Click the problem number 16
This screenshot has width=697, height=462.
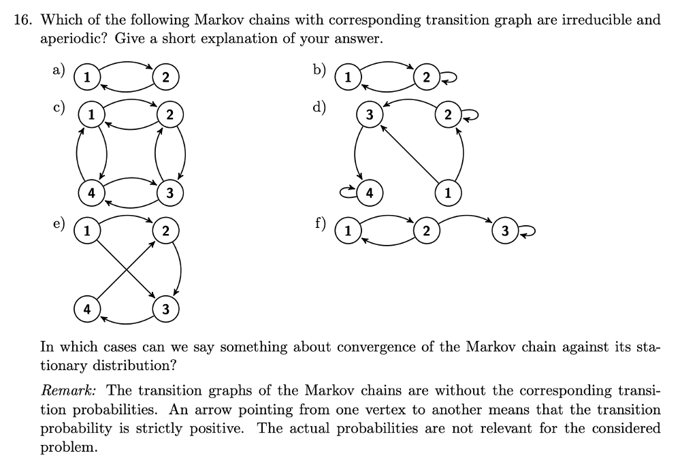(23, 20)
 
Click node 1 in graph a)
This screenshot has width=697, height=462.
(86, 76)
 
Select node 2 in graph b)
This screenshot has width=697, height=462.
(424, 76)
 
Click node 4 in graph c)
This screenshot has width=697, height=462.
(90, 192)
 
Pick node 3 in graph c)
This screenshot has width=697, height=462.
(169, 192)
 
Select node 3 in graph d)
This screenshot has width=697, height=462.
(368, 115)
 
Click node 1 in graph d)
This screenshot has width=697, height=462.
(447, 192)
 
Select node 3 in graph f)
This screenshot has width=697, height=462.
(504, 231)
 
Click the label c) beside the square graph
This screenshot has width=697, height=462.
(59, 106)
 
